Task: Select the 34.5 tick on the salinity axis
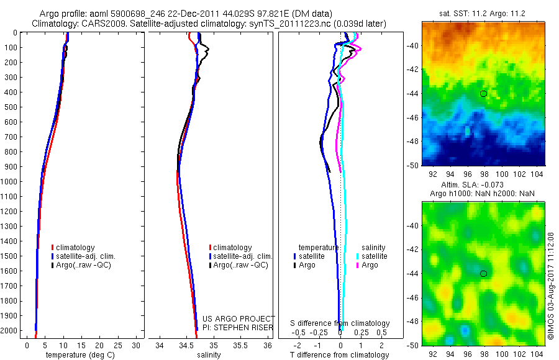(186, 345)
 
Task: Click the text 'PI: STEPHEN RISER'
(238, 328)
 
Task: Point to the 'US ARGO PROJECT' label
(239, 319)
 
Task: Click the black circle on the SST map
(483, 94)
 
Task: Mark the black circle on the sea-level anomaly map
(483, 273)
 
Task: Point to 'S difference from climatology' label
(340, 323)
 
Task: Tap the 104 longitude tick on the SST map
(540, 176)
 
